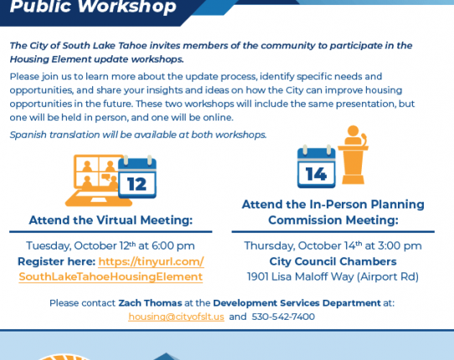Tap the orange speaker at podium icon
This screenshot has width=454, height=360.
coord(353,155)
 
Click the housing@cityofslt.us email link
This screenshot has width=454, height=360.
coord(177,316)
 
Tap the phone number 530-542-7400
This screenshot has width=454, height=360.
coord(283,316)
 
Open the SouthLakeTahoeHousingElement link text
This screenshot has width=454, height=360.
coord(111,276)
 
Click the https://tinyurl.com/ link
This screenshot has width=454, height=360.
coord(151,261)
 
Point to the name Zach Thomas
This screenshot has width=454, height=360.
coord(150,303)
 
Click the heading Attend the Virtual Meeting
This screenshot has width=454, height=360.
coord(111,220)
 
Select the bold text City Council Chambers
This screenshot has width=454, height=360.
coord(333,261)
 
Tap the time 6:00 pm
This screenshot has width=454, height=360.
coord(173,246)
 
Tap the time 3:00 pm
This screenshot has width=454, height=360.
coord(400,246)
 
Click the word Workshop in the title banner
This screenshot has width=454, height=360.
coord(127,7)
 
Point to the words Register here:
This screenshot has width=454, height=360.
coord(56,261)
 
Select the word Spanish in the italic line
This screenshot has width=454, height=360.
coord(28,135)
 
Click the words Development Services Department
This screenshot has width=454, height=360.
coord(297,303)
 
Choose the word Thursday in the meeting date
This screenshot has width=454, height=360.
coord(270,246)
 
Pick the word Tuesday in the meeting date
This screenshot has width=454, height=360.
coord(49,246)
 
